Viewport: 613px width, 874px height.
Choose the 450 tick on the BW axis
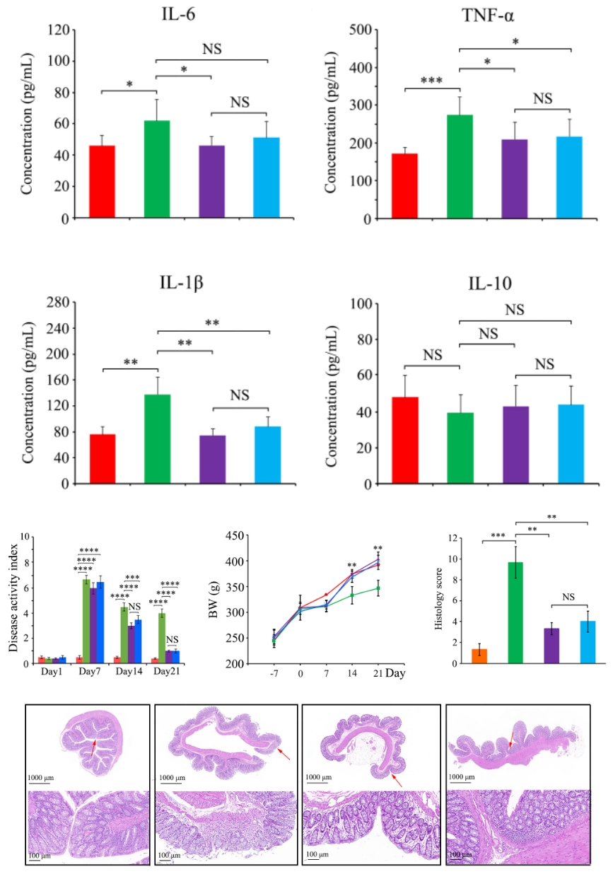click(236, 536)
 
